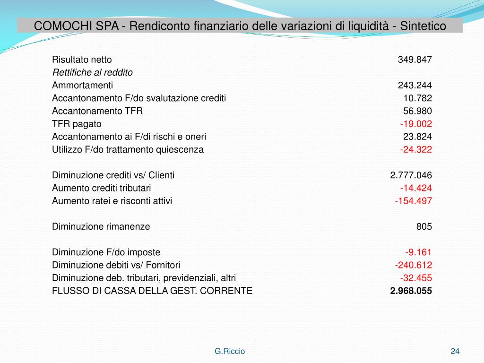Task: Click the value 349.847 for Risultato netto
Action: tap(415, 60)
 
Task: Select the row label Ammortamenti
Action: tap(82, 86)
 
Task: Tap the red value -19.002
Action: tap(416, 124)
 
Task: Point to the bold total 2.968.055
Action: tap(411, 291)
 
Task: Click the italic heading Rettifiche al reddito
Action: tap(92, 73)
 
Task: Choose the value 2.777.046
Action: tap(411, 175)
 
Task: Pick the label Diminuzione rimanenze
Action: tap(101, 226)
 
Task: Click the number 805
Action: tap(424, 226)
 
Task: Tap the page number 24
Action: tap(455, 351)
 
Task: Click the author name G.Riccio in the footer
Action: tap(230, 351)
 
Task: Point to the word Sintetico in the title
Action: tap(423, 26)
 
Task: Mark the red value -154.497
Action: tap(414, 201)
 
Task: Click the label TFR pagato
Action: tap(77, 124)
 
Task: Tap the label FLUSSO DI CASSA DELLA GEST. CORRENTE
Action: tap(152, 291)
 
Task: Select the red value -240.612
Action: tap(414, 265)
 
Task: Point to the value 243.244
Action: tap(415, 86)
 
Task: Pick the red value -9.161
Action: tap(418, 252)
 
